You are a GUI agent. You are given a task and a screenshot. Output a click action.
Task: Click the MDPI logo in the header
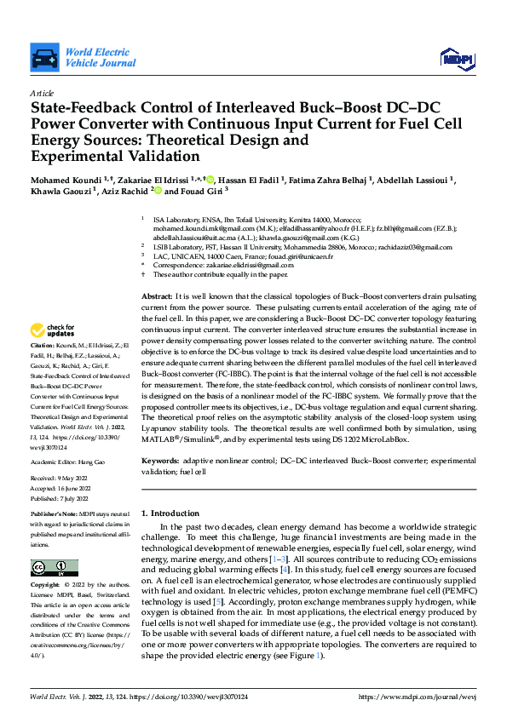coord(456,56)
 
